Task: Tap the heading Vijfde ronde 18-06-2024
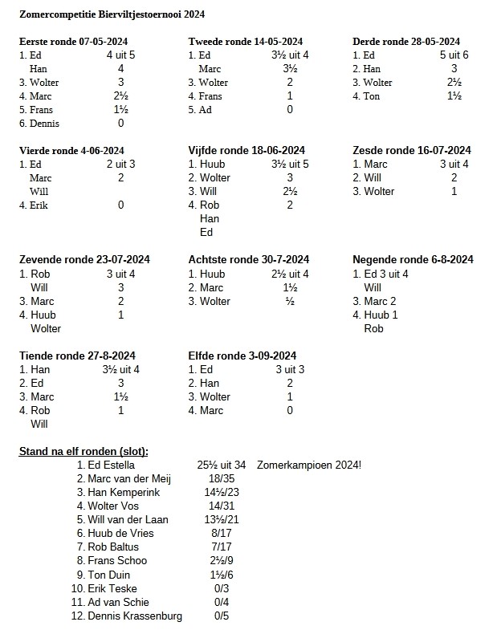pyautogui.click(x=247, y=150)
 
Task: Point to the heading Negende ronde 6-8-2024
pyautogui.click(x=413, y=259)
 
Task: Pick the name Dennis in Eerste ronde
pyautogui.click(x=45, y=124)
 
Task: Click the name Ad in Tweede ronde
pyautogui.click(x=206, y=110)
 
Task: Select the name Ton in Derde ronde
pyautogui.click(x=372, y=96)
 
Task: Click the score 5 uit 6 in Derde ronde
pyautogui.click(x=454, y=55)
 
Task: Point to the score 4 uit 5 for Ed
pyautogui.click(x=120, y=55)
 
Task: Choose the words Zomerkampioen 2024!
pyautogui.click(x=309, y=465)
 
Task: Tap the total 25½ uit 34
pyautogui.click(x=222, y=465)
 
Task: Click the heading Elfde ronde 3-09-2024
pyautogui.click(x=242, y=356)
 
